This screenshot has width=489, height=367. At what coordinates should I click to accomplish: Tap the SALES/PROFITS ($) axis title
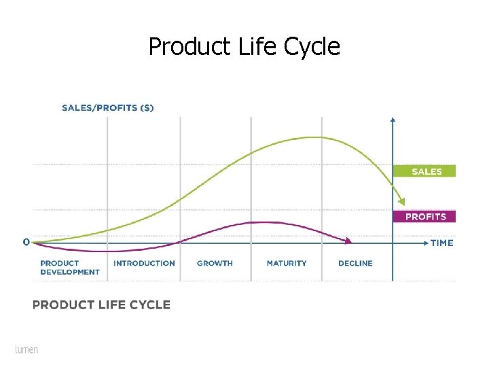pyautogui.click(x=107, y=107)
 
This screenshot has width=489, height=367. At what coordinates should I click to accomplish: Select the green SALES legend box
pyautogui.click(x=424, y=171)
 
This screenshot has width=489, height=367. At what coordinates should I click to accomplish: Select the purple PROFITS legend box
pyautogui.click(x=424, y=217)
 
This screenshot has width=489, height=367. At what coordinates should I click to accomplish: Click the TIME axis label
pyautogui.click(x=441, y=243)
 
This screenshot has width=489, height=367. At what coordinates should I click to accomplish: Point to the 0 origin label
pyautogui.click(x=26, y=242)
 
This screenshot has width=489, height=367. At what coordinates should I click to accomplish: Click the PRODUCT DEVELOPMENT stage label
pyautogui.click(x=69, y=267)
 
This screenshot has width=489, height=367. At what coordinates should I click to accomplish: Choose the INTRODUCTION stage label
pyautogui.click(x=144, y=263)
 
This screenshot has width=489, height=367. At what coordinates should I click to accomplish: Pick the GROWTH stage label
pyautogui.click(x=215, y=263)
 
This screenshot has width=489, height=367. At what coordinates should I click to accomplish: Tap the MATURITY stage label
pyautogui.click(x=286, y=263)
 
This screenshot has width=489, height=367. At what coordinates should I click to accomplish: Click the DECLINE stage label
pyautogui.click(x=355, y=263)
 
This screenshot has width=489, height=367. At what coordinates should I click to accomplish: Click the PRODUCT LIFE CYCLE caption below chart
pyautogui.click(x=101, y=304)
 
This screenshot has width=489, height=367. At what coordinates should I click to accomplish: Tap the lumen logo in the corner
pyautogui.click(x=26, y=349)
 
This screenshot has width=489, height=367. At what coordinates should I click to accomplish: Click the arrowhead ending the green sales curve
pyautogui.click(x=402, y=201)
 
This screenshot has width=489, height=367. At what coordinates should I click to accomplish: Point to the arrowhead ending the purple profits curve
pyautogui.click(x=348, y=241)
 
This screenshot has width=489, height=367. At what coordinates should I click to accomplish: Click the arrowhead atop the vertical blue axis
pyautogui.click(x=393, y=120)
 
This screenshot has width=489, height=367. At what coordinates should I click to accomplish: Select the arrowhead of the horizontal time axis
pyautogui.click(x=425, y=242)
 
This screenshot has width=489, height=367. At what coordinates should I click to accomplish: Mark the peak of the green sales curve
pyautogui.click(x=314, y=137)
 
